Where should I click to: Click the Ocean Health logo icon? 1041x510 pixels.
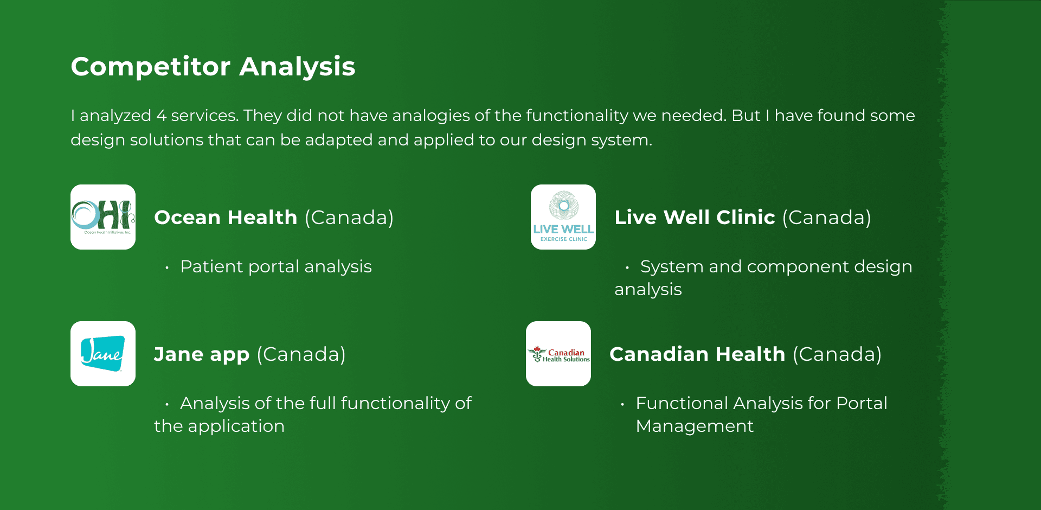(x=103, y=217)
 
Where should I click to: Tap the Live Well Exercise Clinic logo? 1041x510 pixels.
(x=563, y=217)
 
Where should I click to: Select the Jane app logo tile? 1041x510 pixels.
(x=103, y=354)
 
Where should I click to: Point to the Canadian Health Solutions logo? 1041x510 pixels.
(x=558, y=354)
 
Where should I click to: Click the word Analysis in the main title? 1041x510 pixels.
(x=297, y=67)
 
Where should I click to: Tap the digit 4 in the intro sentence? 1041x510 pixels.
(x=161, y=116)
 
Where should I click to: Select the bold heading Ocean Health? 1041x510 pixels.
(x=226, y=218)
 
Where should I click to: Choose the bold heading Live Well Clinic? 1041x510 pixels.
(x=695, y=218)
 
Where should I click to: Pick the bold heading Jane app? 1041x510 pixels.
(x=202, y=355)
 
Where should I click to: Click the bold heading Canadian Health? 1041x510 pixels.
(x=697, y=354)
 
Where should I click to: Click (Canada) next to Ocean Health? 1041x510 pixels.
(x=349, y=218)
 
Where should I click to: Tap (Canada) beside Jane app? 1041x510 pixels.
(x=301, y=354)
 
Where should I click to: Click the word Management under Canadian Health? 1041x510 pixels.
(x=695, y=426)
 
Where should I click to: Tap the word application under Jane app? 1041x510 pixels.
(x=236, y=426)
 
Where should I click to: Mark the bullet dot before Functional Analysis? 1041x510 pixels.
(x=622, y=404)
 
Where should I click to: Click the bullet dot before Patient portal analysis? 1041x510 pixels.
(x=167, y=267)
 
